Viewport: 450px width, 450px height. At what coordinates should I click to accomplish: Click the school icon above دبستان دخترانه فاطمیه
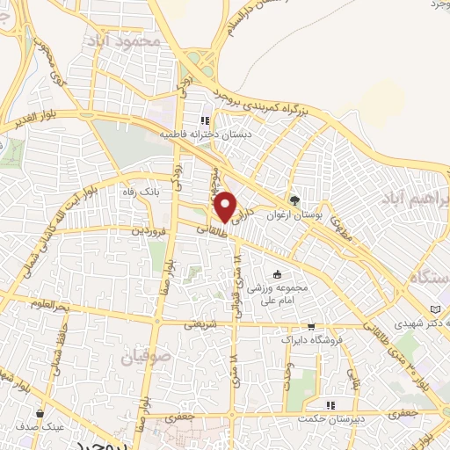point(205,121)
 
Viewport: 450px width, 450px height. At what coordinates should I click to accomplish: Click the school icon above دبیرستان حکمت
point(331,404)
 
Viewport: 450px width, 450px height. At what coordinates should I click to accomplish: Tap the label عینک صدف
point(40,425)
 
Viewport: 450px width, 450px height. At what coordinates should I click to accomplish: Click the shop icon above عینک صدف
point(40,412)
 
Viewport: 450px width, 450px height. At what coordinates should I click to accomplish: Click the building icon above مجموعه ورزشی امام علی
point(279,275)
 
